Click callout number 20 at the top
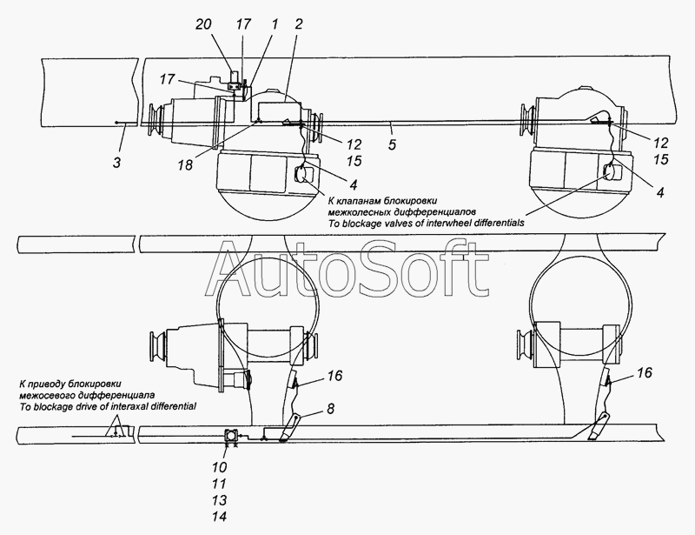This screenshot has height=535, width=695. tap(203, 24)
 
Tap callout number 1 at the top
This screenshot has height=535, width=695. tap(275, 24)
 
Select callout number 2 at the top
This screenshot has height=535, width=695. tap(298, 24)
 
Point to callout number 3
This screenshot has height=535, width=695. tap(116, 163)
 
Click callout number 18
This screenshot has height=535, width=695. tap(186, 164)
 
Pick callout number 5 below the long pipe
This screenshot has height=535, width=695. tap(392, 144)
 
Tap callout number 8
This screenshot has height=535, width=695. tap(331, 409)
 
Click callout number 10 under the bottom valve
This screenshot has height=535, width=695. tap(220, 467)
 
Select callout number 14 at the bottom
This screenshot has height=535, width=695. tap(220, 517)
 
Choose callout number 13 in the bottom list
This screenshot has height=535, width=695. tap(220, 500)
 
